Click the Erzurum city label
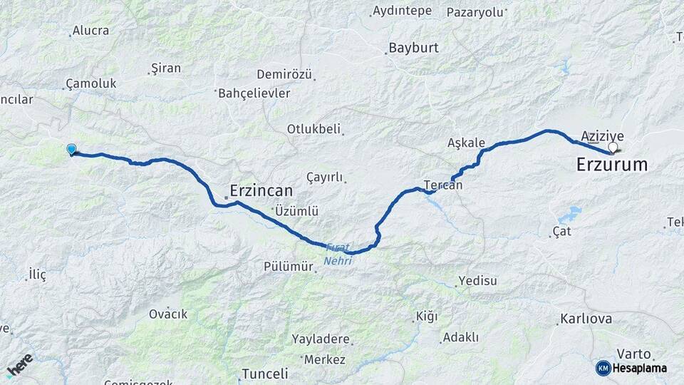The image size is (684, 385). click(x=611, y=165)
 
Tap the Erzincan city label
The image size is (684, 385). click(x=261, y=191)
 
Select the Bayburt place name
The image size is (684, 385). click(x=413, y=48)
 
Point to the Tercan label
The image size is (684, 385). click(x=442, y=185)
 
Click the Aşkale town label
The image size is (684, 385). click(x=466, y=143)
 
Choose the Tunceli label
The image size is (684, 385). click(x=264, y=374)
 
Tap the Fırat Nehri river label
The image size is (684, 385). click(x=338, y=255)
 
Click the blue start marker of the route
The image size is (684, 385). click(x=71, y=149)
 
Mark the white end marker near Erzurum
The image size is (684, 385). click(x=613, y=147)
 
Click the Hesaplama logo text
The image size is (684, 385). click(x=641, y=368)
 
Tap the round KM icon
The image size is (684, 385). click(x=603, y=368)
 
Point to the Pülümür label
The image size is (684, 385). click(x=289, y=267)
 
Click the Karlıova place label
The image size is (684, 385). click(x=586, y=319)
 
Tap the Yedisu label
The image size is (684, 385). click(x=477, y=280)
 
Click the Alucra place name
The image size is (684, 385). click(x=91, y=31)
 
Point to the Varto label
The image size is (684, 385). click(x=633, y=353)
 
